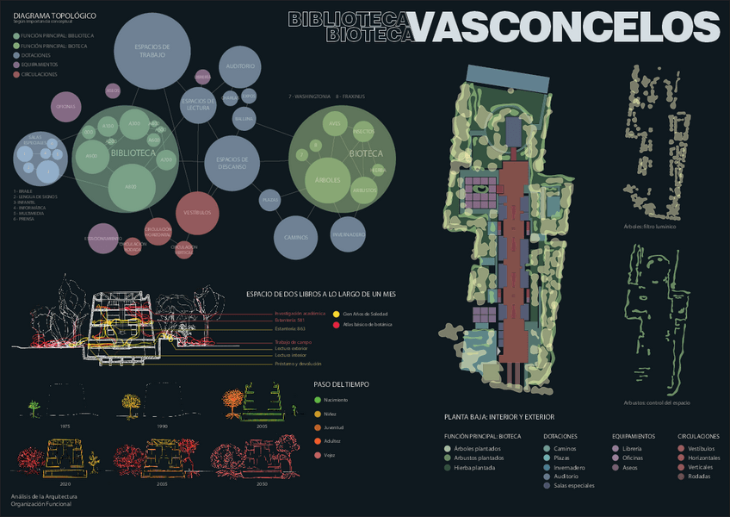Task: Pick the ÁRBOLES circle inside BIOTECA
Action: [x=328, y=180]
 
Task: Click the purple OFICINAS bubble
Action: [x=65, y=106]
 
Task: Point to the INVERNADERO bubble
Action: [x=347, y=233]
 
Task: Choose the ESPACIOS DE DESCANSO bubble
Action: [x=232, y=162]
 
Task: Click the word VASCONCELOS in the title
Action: [x=565, y=27]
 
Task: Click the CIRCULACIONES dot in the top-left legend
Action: [x=16, y=75]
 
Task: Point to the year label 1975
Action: [x=40, y=426]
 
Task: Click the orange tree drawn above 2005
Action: [x=232, y=399]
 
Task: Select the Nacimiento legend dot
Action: [x=318, y=399]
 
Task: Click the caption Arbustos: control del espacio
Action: [x=657, y=402]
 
